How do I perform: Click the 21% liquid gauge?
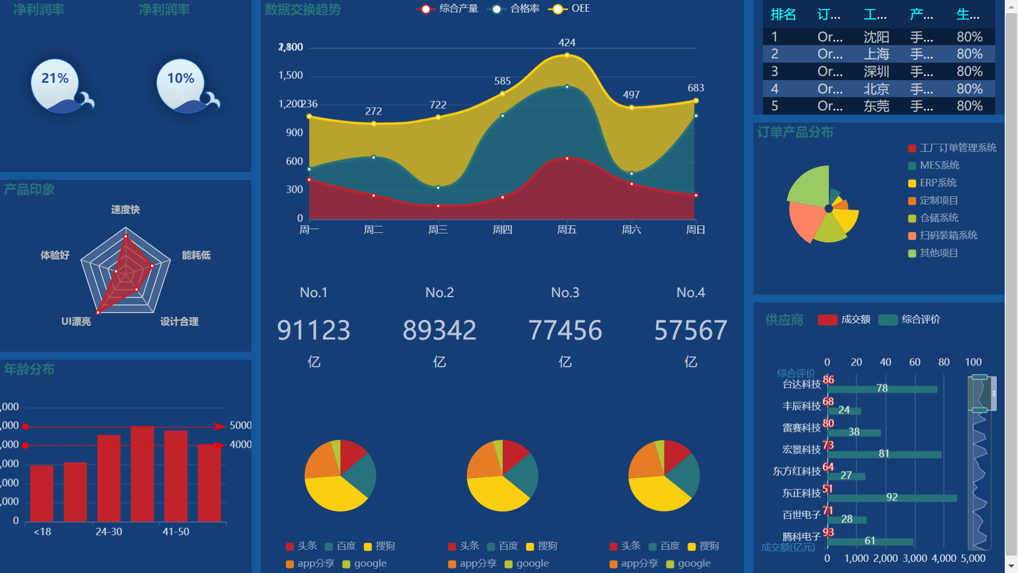pos(55,85)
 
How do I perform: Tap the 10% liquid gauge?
pos(181,85)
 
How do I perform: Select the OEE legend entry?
pos(570,8)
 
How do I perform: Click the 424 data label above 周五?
pos(567,42)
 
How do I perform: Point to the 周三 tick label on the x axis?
pos(438,230)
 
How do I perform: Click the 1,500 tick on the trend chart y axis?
pos(291,75)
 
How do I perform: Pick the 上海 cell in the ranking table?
pos(876,54)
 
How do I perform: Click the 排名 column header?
pos(783,14)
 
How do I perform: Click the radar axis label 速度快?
pos(126,210)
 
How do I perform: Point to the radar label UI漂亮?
pos(76,322)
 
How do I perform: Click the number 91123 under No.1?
pos(313,330)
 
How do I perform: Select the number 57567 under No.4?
pos(690,330)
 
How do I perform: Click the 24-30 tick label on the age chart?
pos(109,532)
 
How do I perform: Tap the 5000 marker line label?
pos(240,426)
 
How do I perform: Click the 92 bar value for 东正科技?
pos(892,497)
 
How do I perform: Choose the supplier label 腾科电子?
pos(801,536)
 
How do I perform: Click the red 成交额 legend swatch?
pos(827,319)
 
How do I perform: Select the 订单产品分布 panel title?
pos(795,132)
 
